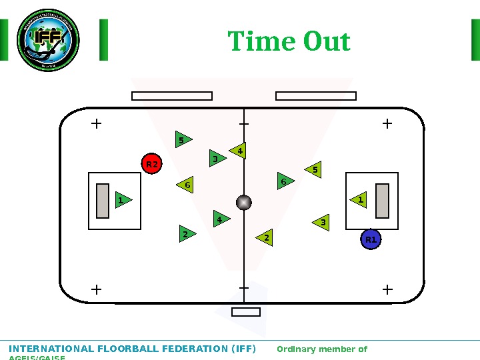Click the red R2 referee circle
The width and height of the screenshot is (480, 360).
coord(152,164)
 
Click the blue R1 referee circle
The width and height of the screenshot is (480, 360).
coord(371,239)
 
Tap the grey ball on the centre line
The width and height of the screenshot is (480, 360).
coord(244,203)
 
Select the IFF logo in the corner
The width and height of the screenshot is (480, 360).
coord(48,40)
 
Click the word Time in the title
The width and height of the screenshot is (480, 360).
coord(262,41)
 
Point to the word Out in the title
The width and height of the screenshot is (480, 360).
coord(327,41)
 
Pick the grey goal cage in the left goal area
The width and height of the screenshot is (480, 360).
coord(103,201)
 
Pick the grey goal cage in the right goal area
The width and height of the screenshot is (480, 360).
coord(382,201)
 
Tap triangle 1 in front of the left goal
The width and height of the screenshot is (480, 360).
coord(123,200)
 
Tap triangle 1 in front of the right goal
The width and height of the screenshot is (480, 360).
coord(359,200)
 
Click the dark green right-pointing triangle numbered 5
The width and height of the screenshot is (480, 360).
coord(183,140)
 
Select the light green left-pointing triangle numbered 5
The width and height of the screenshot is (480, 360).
coord(314,171)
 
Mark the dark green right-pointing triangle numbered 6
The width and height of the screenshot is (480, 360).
coord(285,181)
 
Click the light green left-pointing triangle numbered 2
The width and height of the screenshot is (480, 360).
coord(265,238)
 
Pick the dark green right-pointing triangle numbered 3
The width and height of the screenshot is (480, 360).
coord(217,159)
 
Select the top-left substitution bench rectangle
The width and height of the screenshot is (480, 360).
coord(172,96)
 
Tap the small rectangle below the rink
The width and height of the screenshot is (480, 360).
coord(246,312)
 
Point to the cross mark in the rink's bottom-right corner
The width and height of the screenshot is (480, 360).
coord(388,289)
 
